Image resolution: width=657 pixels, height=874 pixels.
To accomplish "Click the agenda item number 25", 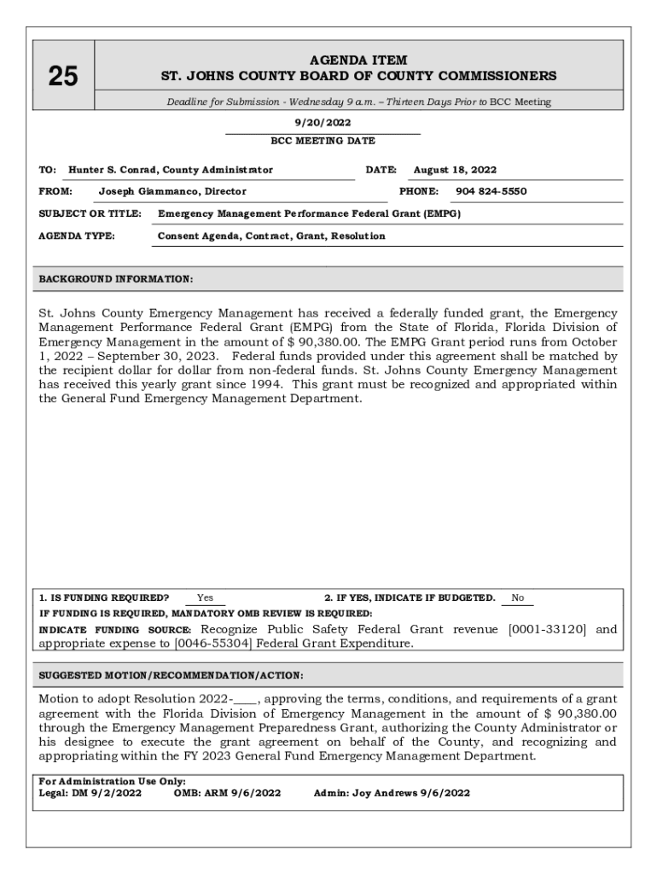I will [63, 77].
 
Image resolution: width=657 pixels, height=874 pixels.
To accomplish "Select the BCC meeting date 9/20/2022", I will [323, 123].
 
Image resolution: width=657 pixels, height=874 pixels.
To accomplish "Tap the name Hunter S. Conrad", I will [113, 170].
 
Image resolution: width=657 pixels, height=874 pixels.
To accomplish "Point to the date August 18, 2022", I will [455, 170].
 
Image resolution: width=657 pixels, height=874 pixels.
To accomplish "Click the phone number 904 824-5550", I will [491, 191].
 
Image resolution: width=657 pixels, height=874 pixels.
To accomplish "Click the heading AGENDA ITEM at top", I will [358, 61].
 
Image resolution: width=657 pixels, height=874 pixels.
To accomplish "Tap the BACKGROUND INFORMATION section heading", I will [116, 279].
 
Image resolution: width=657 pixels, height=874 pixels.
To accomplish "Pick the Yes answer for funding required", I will [205, 597].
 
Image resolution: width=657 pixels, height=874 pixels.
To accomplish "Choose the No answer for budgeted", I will [518, 597].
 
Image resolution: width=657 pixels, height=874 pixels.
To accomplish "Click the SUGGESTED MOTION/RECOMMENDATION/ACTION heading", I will [171, 675].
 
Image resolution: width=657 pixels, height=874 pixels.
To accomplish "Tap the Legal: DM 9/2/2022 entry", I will [90, 793].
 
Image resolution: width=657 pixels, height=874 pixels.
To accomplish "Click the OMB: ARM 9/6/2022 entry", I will [227, 793].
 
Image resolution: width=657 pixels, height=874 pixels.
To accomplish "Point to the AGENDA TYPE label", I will [77, 236].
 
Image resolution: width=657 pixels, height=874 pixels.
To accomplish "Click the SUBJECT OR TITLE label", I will [90, 213].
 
